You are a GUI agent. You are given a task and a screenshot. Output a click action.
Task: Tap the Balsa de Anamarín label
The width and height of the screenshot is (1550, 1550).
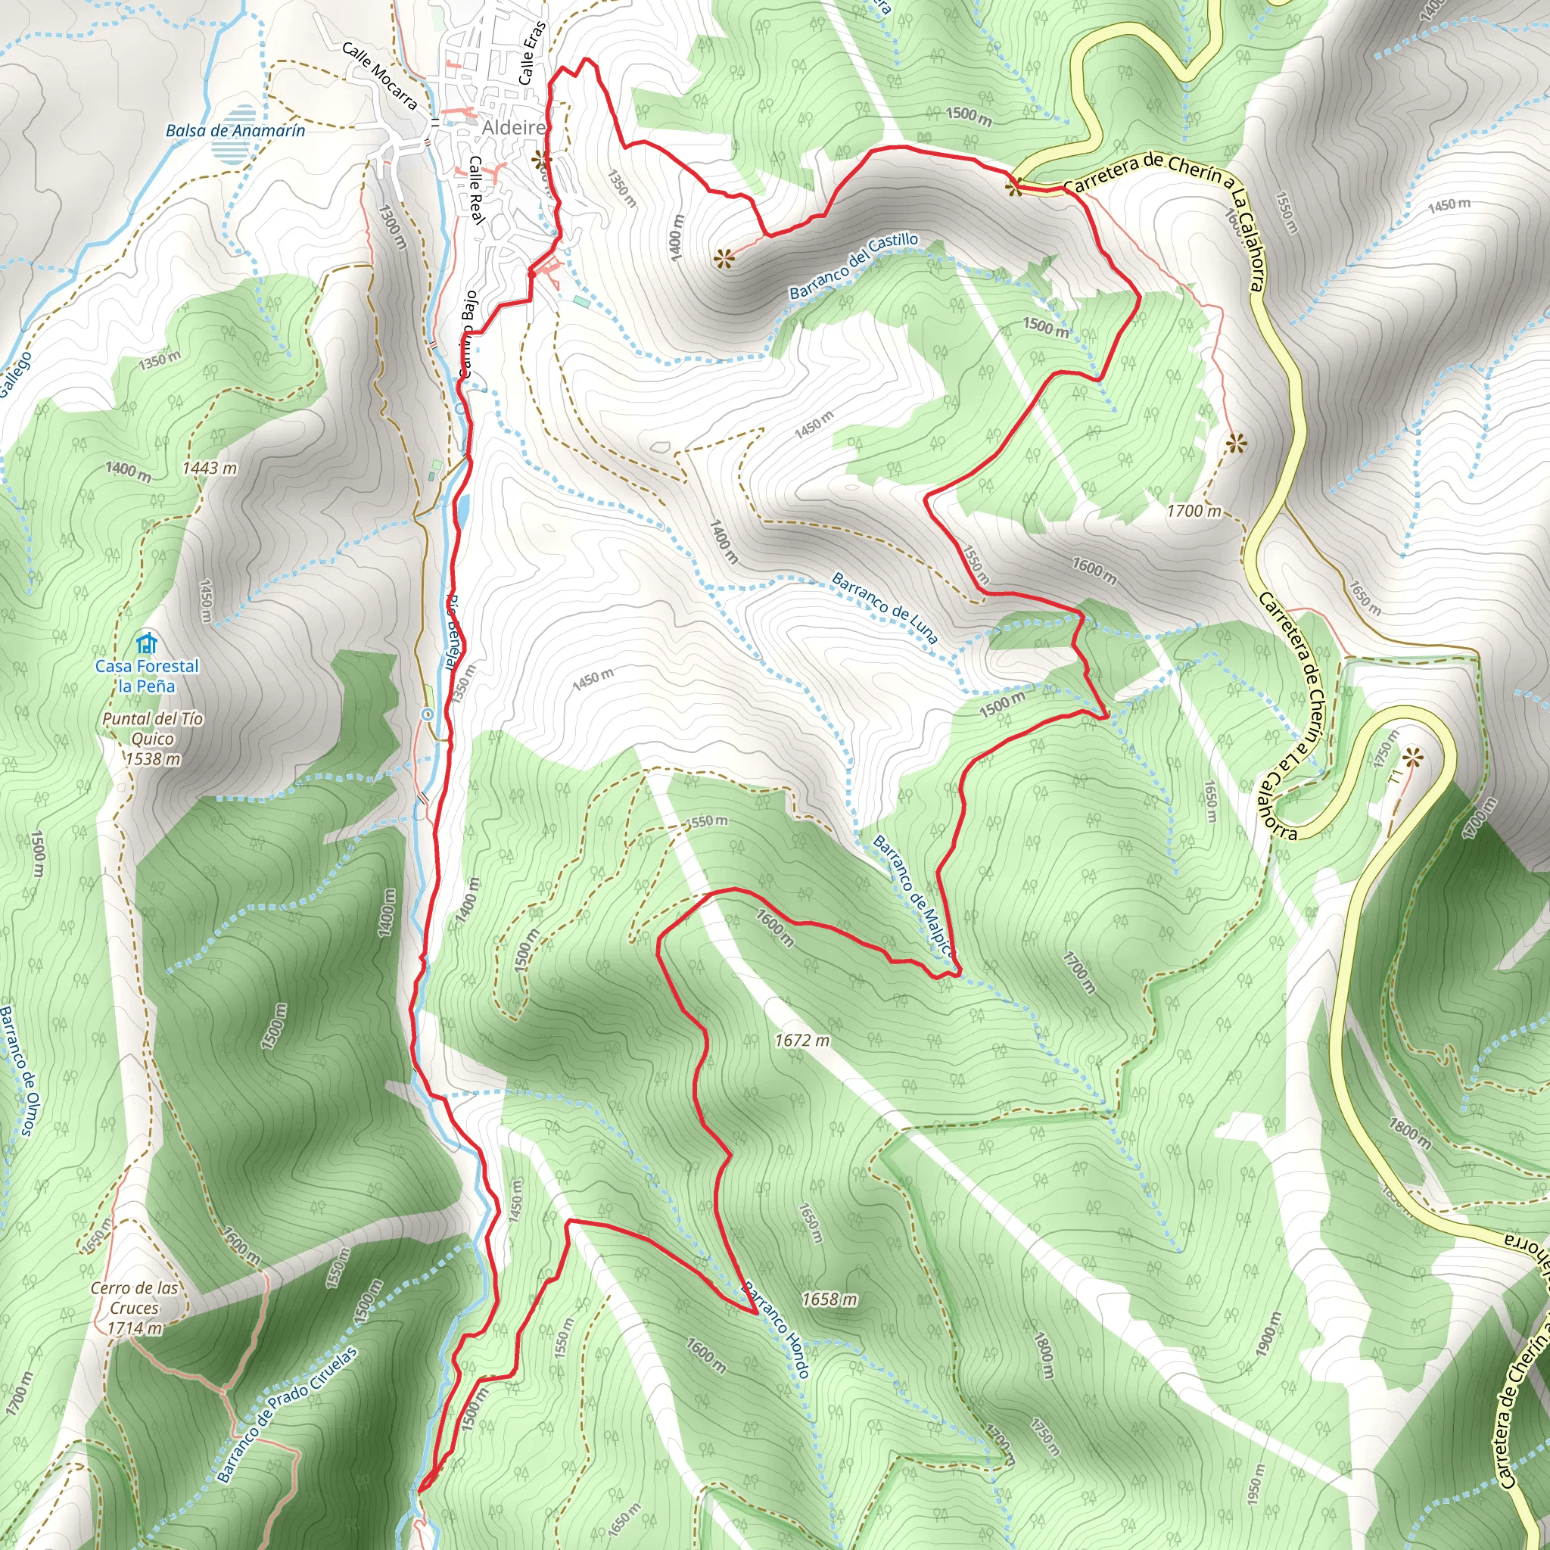(x=235, y=130)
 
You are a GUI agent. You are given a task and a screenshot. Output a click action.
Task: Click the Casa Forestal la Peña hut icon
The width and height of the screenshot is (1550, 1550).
(x=146, y=643)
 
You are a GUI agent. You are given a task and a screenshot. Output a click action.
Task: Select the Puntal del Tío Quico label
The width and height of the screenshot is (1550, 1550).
(x=152, y=738)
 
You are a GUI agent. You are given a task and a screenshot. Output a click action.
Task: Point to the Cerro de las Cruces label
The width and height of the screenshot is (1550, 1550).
(x=134, y=1308)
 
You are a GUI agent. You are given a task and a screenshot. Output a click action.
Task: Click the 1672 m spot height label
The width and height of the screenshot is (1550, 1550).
(x=801, y=1041)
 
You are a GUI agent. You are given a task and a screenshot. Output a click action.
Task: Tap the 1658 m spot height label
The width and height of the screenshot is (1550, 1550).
(x=829, y=1299)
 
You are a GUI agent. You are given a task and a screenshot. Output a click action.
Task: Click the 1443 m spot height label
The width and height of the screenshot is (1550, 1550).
(x=210, y=468)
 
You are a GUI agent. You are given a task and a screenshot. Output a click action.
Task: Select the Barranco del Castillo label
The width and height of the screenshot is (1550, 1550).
(x=854, y=266)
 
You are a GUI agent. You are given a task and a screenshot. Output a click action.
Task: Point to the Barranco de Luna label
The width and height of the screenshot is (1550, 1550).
(x=885, y=607)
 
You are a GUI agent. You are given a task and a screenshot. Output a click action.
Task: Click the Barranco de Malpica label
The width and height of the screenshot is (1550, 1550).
(x=914, y=897)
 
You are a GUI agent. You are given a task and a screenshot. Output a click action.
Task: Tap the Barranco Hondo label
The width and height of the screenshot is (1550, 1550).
(x=776, y=1329)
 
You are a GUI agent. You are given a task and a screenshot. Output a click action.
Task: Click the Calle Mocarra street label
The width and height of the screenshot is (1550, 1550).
(x=379, y=76)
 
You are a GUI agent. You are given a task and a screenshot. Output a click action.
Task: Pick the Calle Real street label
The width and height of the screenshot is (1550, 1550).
(x=477, y=189)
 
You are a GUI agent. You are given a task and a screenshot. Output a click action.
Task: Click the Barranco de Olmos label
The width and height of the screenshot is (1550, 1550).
(x=17, y=1070)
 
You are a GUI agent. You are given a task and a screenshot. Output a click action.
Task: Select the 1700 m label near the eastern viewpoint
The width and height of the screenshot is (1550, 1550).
(x=1194, y=511)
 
